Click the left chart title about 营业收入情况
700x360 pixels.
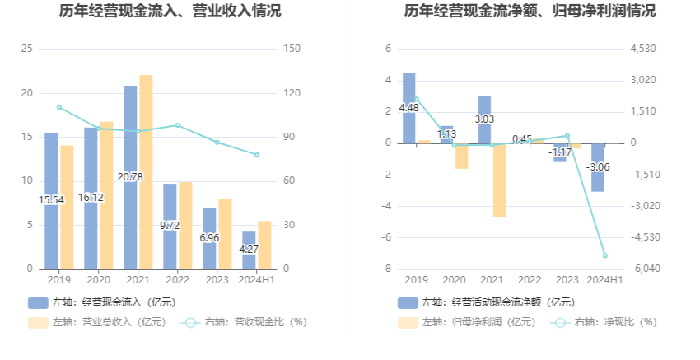(x=170, y=12)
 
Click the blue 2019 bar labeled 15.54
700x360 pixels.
(x=51, y=165)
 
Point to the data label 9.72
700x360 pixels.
(x=170, y=225)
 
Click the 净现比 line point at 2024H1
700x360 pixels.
(x=604, y=255)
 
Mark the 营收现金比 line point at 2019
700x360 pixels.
(x=58, y=107)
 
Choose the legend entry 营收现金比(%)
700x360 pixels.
(x=251, y=322)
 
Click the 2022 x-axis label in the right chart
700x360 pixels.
(x=530, y=280)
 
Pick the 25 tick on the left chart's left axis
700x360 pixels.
(x=26, y=49)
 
